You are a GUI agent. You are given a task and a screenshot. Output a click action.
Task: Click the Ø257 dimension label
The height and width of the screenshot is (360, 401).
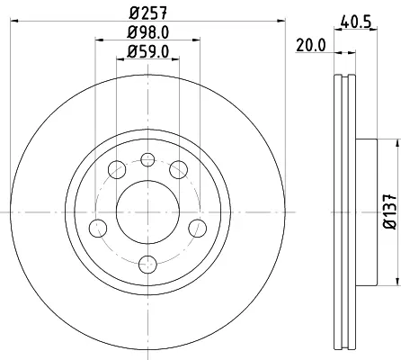(x=147, y=13)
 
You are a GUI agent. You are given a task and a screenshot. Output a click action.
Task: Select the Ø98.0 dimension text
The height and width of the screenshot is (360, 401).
(x=147, y=32)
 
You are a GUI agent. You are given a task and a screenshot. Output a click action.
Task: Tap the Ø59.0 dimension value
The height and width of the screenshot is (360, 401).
(x=147, y=51)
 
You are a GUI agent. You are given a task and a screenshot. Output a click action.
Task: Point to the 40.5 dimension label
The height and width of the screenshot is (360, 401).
(x=356, y=22)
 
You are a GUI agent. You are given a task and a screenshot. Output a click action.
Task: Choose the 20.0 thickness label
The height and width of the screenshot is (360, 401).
(x=311, y=46)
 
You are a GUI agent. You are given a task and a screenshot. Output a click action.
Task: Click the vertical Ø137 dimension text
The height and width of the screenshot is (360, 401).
(x=389, y=212)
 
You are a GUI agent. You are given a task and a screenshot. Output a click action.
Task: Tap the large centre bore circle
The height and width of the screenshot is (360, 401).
(x=147, y=212)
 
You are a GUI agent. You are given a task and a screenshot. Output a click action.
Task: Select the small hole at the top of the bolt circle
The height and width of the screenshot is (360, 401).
(x=147, y=159)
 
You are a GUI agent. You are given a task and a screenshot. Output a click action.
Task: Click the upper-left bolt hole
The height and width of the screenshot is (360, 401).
(x=117, y=169)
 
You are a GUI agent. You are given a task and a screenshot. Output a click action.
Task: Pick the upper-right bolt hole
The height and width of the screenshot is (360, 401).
(x=179, y=169)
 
